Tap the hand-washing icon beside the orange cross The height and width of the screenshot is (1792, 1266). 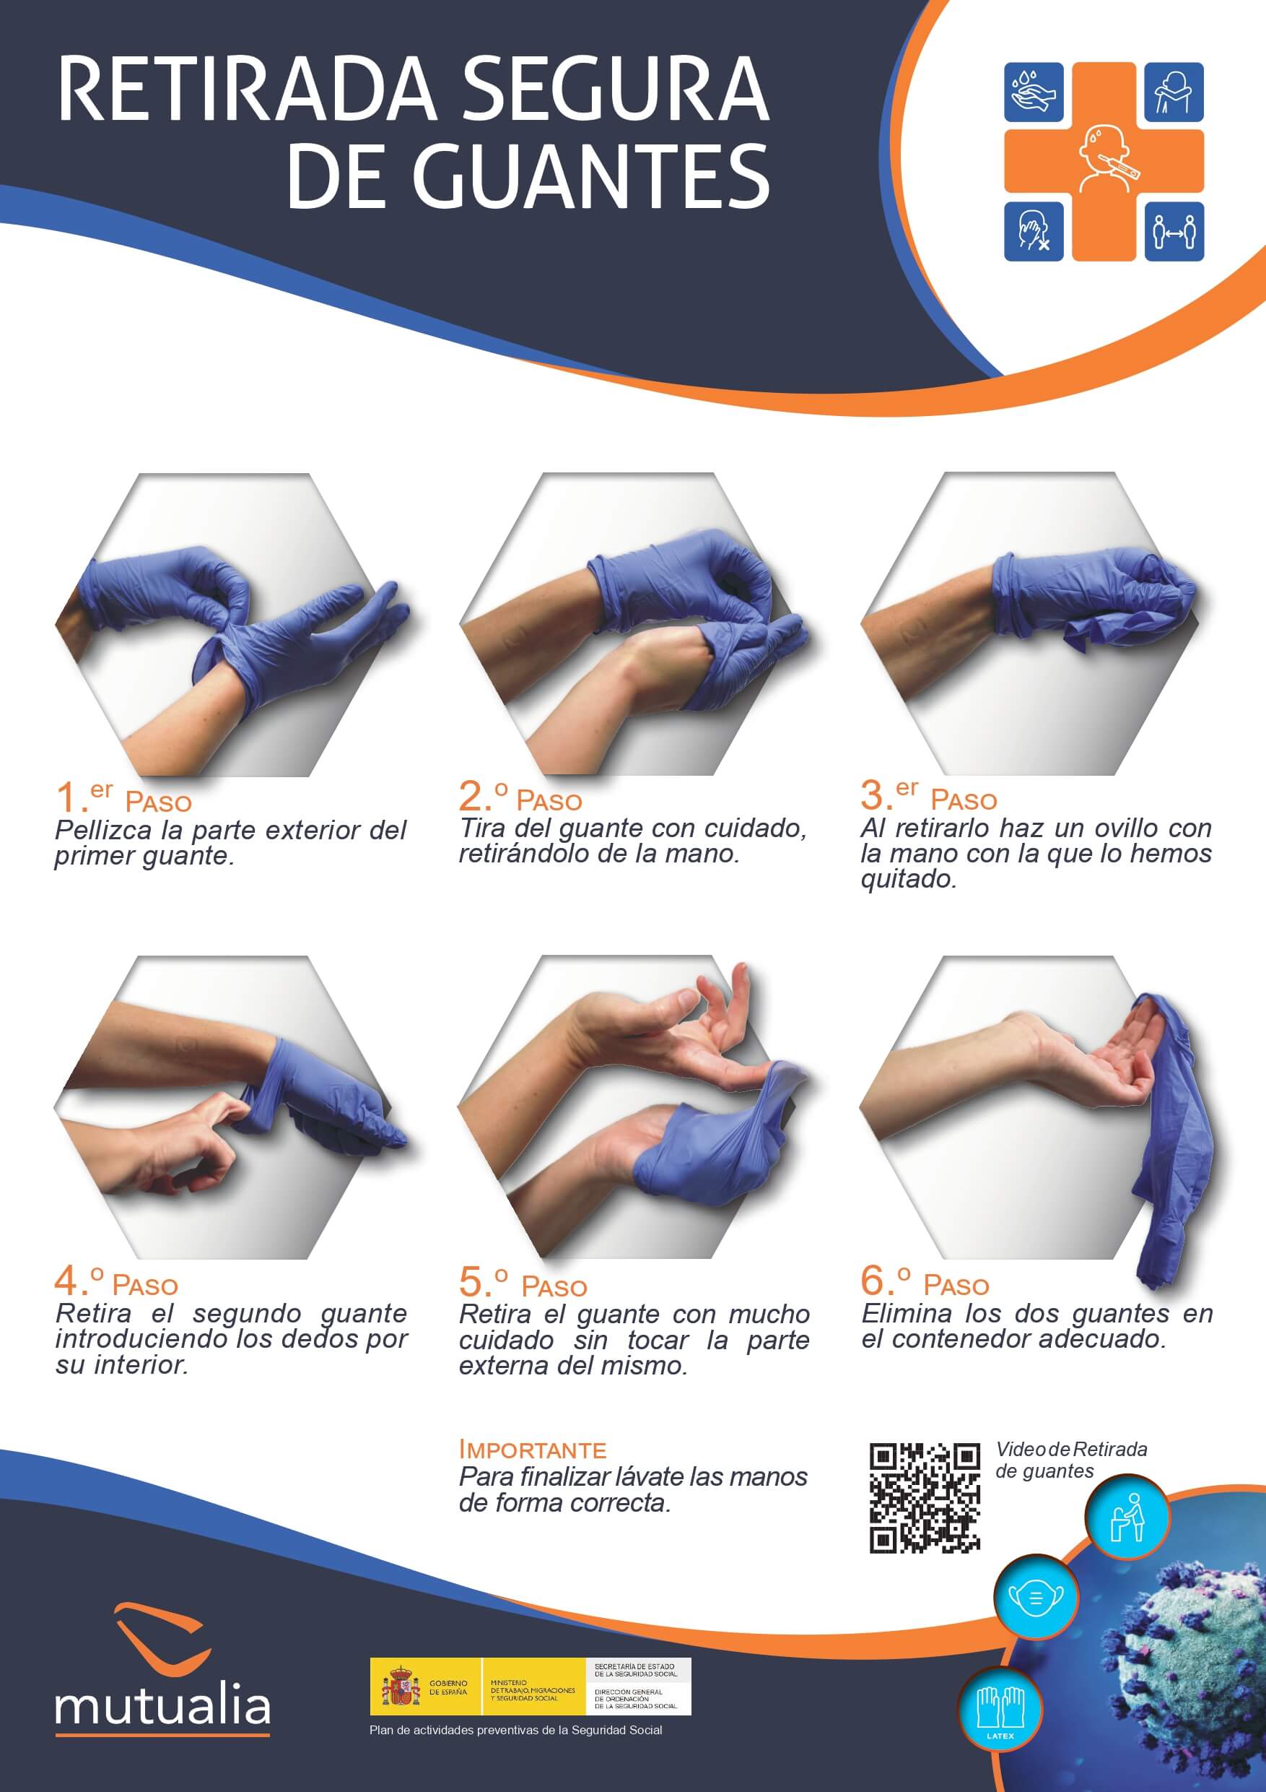(1033, 92)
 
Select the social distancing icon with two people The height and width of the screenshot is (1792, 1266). (1173, 231)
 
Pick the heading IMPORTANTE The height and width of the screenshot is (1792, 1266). (533, 1450)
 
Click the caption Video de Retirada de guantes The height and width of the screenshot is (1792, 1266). (1070, 1460)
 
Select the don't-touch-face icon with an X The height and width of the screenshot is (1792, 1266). (1033, 231)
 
